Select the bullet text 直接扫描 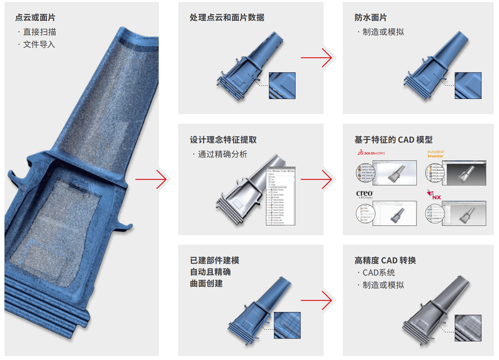tap(40, 32)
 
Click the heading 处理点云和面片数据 tap(227, 18)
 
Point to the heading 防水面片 tap(370, 18)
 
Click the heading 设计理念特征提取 tap(223, 140)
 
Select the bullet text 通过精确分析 tap(222, 154)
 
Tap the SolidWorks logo tap(371, 153)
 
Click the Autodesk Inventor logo tap(436, 154)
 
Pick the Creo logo tap(365, 195)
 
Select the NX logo tap(434, 194)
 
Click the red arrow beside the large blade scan tap(151, 180)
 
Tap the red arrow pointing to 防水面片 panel tap(316, 58)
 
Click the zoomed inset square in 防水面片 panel tap(468, 85)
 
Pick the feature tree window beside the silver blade tap(281, 196)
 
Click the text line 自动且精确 tap(210, 272)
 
